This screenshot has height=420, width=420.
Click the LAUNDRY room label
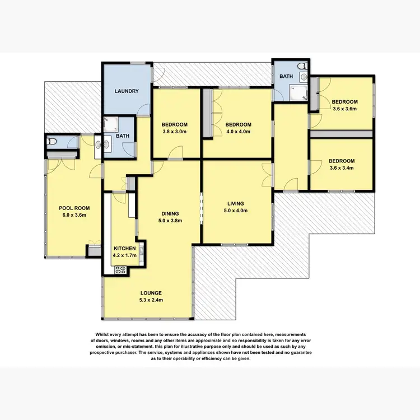pos(126,91)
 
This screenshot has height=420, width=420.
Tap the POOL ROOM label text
pos(74,208)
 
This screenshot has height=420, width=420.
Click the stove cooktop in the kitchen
pos(121,270)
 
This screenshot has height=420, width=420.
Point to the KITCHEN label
pos(125,248)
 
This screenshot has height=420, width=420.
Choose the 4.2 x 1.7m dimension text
pos(125,255)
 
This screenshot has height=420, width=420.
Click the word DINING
pos(170,213)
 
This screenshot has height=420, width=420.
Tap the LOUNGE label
pos(151,293)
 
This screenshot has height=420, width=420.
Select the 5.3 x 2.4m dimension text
pos(151,300)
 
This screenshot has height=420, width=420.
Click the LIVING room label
pos(236,204)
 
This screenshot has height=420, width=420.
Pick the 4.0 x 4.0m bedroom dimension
pos(238,132)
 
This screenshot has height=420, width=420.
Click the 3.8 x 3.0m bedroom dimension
pos(175,132)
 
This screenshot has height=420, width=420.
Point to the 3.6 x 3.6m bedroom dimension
pos(344,109)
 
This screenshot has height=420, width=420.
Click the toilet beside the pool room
pos(52,142)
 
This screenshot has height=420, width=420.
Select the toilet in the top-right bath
pos(302,68)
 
